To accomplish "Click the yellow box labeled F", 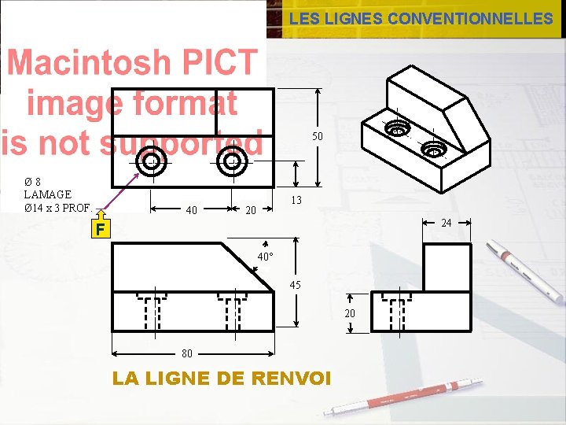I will click(x=98, y=229).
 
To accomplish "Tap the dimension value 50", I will click(x=317, y=137).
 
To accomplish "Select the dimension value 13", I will click(x=296, y=201).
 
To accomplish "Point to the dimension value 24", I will click(x=446, y=224).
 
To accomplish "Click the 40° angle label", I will click(x=266, y=257).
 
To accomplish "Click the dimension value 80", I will click(x=188, y=353).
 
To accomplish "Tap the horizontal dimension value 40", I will click(x=191, y=210).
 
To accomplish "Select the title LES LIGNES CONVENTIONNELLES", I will click(x=421, y=19).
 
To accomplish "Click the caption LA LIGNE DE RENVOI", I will click(x=222, y=379).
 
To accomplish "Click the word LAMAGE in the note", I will click(x=47, y=194).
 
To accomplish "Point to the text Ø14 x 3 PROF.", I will click(x=58, y=209).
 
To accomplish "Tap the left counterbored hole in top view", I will click(x=149, y=162).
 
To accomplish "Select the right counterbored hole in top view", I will click(x=232, y=162).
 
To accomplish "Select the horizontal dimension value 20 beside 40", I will click(x=251, y=210).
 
